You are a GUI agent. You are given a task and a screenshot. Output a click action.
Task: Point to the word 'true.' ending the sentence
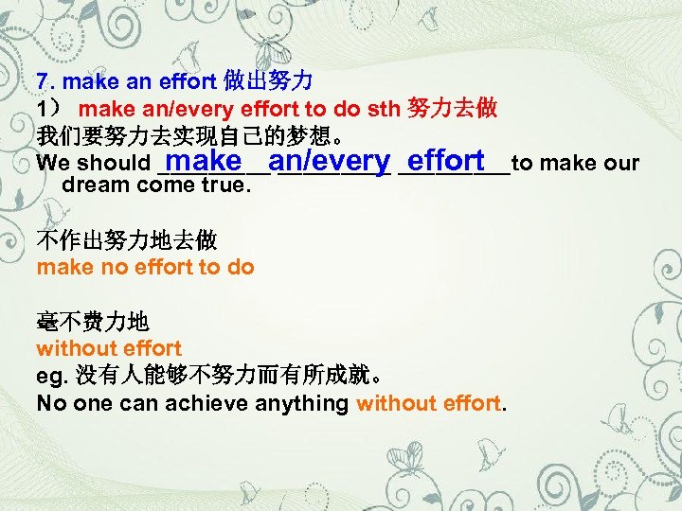(x=227, y=185)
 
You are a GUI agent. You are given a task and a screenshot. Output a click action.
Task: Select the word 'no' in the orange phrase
(x=113, y=267)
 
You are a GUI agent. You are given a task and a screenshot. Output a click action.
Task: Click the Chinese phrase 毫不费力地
(x=85, y=322)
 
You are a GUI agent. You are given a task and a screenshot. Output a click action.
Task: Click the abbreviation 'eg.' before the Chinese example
(x=51, y=377)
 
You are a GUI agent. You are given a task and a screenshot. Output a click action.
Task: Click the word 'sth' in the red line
(x=384, y=108)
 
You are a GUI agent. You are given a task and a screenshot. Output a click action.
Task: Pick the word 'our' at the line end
(x=621, y=164)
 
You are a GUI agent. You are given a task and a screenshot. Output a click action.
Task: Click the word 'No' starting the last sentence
(x=50, y=404)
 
